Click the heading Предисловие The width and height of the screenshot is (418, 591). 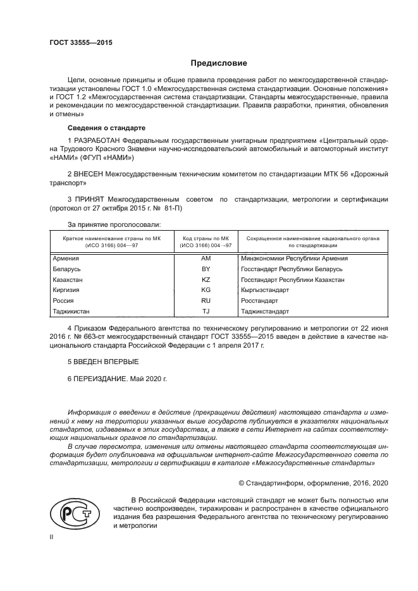point(219,63)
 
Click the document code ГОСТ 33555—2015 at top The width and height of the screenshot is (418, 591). point(76,43)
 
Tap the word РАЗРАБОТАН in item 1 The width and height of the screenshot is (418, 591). point(100,140)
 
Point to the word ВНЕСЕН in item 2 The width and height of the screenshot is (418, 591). point(90,173)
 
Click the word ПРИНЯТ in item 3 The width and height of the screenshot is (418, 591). point(91,200)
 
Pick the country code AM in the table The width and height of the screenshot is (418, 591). point(206,258)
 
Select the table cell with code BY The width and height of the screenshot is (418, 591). point(206,269)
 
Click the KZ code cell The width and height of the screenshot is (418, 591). point(206,279)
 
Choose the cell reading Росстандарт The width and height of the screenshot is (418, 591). point(261,300)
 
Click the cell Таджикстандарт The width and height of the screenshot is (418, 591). point(265,311)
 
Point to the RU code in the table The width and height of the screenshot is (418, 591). point(206,300)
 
